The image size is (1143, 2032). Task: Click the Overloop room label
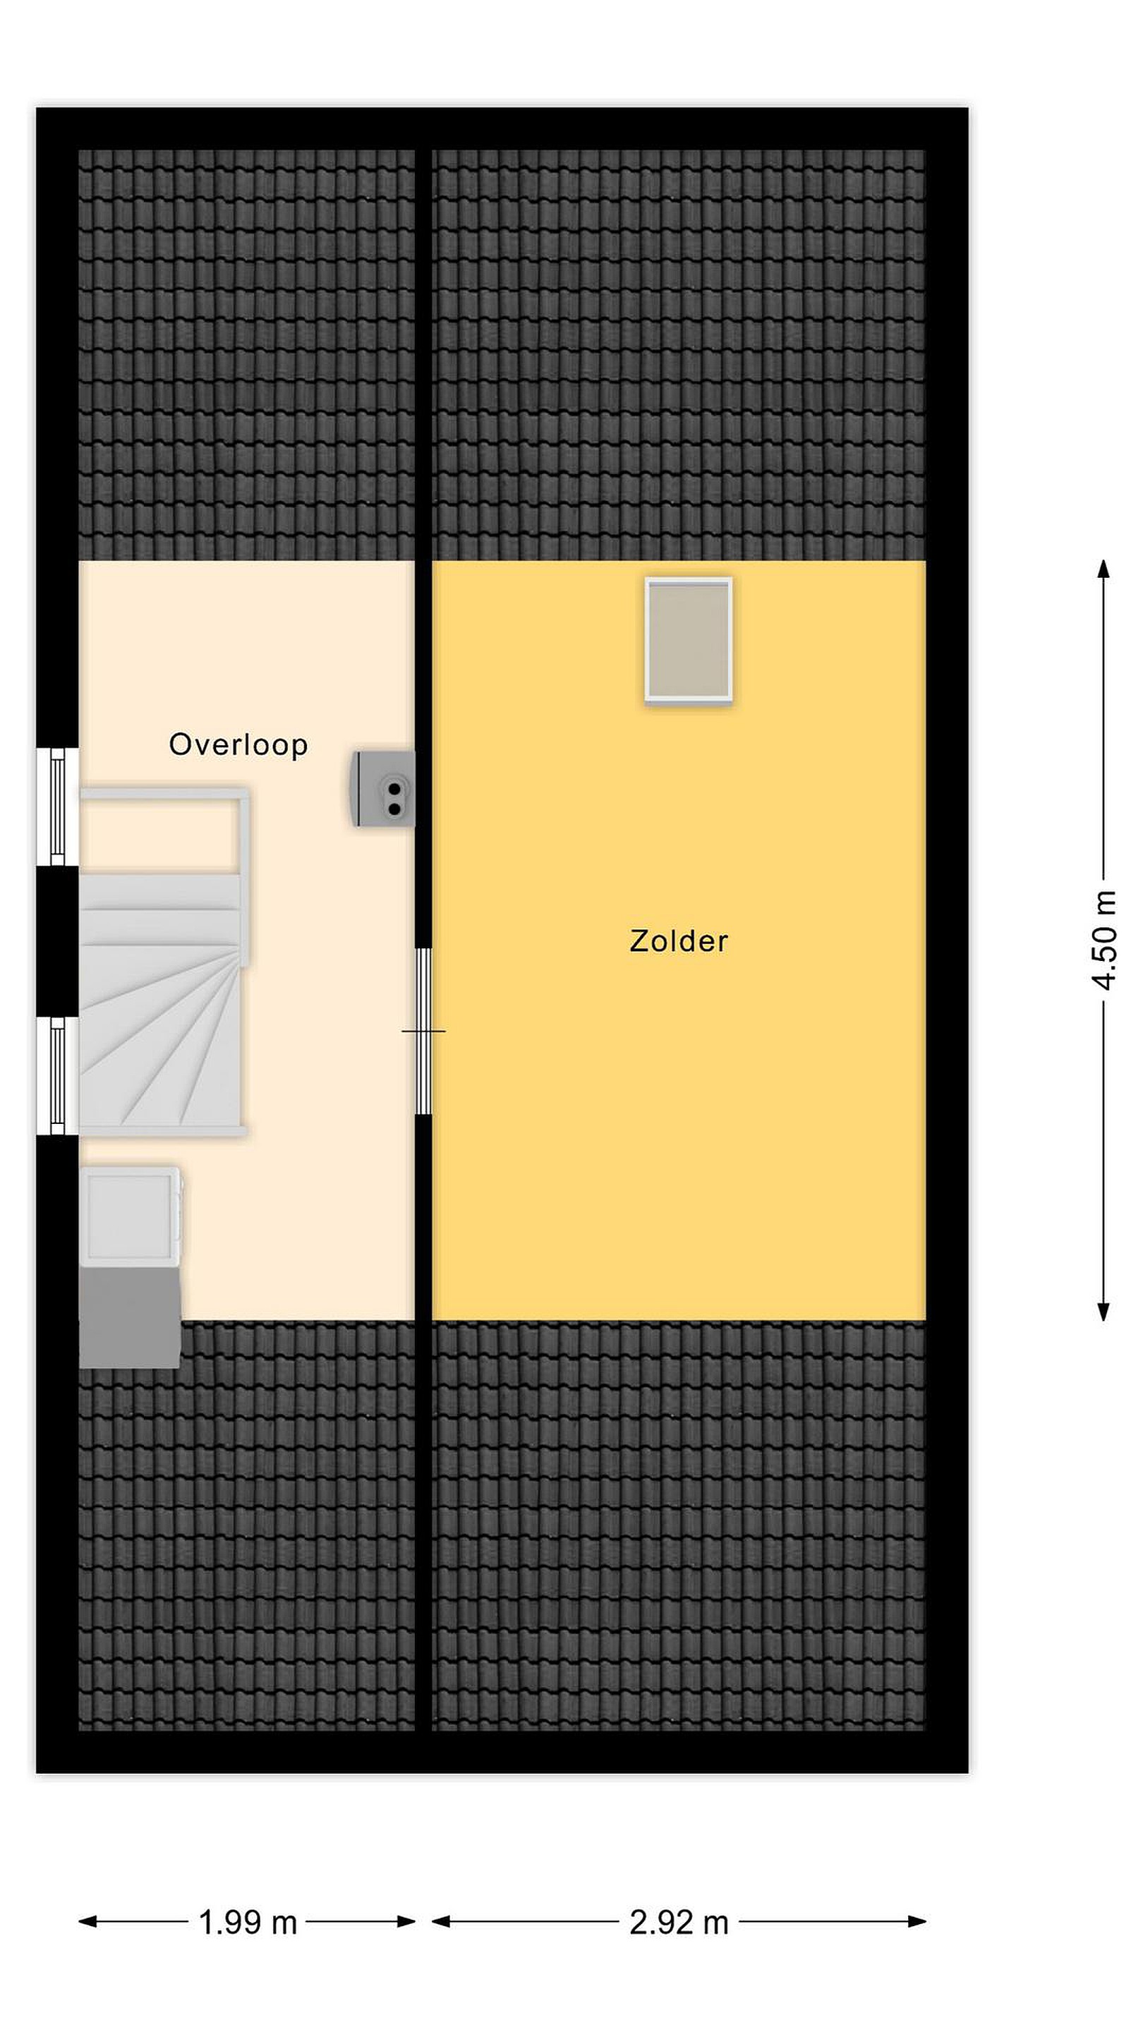(x=238, y=744)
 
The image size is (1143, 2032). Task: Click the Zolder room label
(x=678, y=941)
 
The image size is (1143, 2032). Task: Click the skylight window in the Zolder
(x=688, y=640)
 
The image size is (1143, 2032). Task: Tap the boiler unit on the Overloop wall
(x=382, y=788)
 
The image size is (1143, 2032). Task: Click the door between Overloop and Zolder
(x=423, y=1030)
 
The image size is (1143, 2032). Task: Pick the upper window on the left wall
(x=58, y=806)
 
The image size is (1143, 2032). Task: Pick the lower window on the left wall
(x=58, y=1076)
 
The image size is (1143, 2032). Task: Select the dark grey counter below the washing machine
(x=130, y=1315)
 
